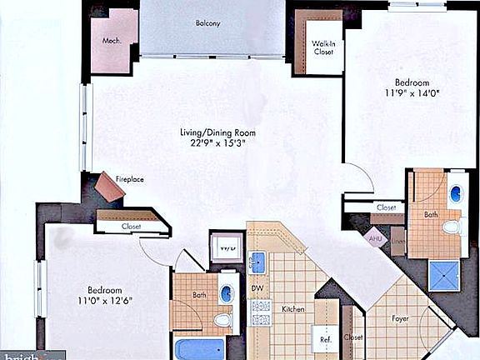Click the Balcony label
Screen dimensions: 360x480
pos(207,23)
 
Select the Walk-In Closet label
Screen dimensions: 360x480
pos(323,47)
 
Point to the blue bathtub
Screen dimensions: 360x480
pos(200,347)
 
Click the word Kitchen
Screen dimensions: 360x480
pos(292,309)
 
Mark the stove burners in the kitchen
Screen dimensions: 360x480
pos(261,312)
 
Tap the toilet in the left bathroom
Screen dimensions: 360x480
pos(222,320)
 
